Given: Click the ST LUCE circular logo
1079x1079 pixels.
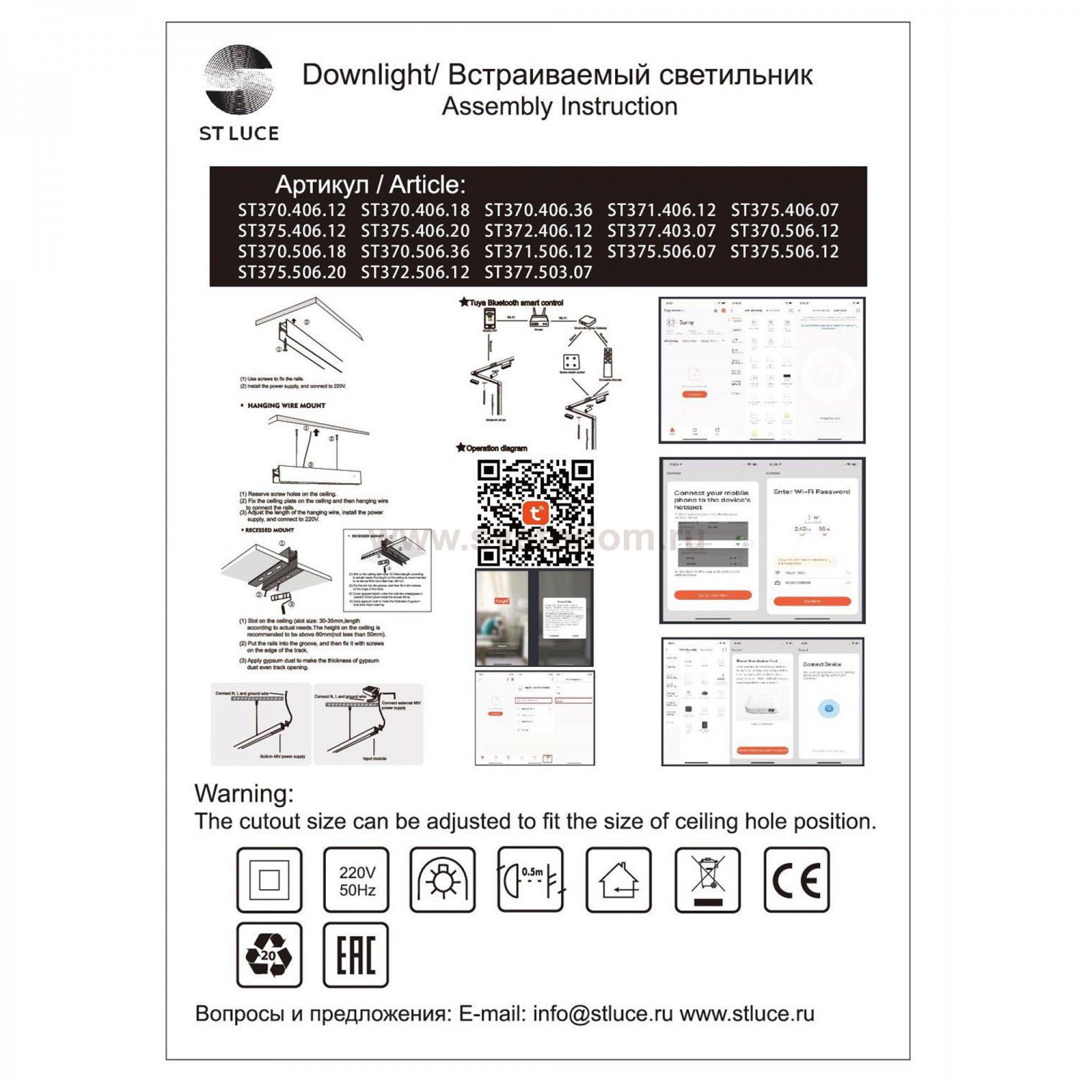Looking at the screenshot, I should coord(239,79).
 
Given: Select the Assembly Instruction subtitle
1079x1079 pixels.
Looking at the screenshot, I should coord(559,106).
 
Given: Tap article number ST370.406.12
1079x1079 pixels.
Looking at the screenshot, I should coord(291,211).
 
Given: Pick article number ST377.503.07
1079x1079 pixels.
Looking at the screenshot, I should coord(538,273).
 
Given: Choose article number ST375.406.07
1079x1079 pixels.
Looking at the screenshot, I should coord(784,211).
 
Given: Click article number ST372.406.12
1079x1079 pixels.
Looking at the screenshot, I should coord(538,232).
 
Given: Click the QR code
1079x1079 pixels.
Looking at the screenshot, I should coord(535,513).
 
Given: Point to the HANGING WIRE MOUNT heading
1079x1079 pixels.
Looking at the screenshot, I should coord(286,406).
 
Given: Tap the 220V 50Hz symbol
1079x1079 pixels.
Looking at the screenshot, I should coord(357,880).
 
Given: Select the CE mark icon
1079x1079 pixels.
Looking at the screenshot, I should coord(796,880).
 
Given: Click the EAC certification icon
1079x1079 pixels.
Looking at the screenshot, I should coord(356,955).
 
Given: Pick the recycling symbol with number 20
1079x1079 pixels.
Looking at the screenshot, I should coord(269,955).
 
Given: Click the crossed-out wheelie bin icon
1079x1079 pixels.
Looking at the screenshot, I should coord(708,880).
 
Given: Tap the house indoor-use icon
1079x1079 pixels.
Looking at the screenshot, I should coord(619,880).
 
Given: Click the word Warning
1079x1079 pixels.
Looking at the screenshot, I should coord(244,793).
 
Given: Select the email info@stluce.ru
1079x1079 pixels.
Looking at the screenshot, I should coord(603,1014).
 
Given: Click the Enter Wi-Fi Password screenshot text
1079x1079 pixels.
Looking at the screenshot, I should coord(811,492).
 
